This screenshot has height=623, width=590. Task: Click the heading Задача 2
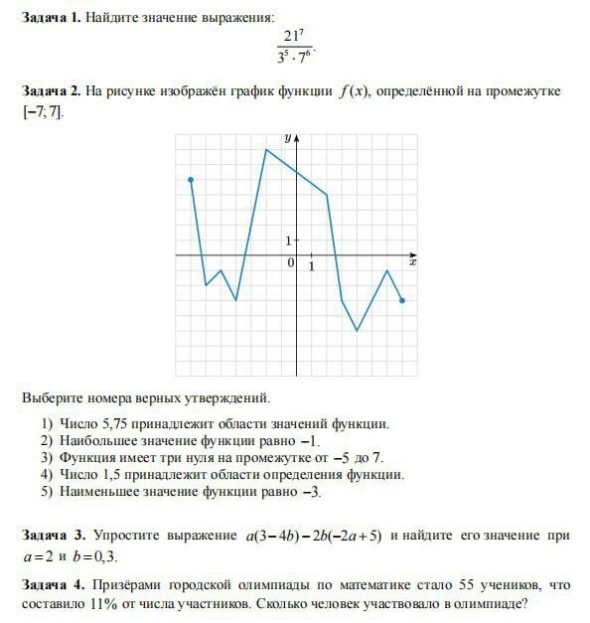pos(52,92)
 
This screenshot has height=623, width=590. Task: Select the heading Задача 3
pos(54,537)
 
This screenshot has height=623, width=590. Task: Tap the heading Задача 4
pos(54,582)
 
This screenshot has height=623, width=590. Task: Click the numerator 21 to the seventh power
pos(294,38)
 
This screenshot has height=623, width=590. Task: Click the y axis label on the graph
pos(287,138)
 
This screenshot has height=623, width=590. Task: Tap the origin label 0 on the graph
pos(290,263)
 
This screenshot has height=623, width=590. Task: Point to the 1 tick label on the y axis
pos(289,240)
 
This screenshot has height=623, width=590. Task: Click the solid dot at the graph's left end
pos(190,180)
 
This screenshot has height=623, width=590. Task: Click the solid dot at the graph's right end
pos(402,300)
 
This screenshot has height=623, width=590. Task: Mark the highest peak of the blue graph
pos(266,149)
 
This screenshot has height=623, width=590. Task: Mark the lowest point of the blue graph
pos(357,330)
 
